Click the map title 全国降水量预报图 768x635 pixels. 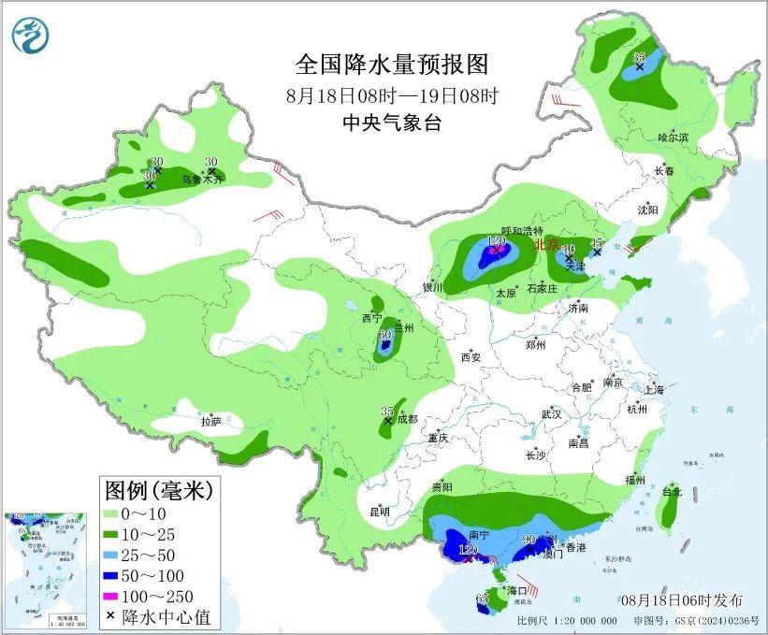pos(392,65)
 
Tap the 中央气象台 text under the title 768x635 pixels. pos(392,123)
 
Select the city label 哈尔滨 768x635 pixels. pos(672,137)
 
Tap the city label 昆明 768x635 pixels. pos(379,512)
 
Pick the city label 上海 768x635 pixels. pos(654,389)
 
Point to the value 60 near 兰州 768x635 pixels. pos(384,334)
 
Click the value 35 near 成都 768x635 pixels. pos(387,411)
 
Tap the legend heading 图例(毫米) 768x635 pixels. pos(159,489)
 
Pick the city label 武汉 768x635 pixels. pos(551,413)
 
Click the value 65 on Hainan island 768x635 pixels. pos(483,598)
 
